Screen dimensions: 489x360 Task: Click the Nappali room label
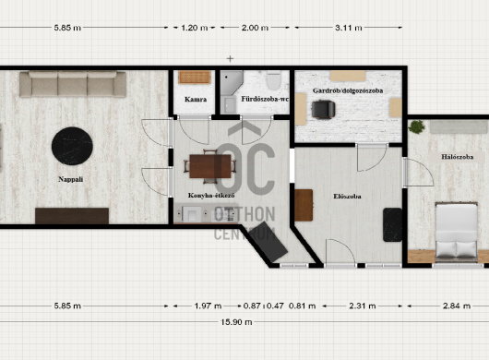tap(71, 179)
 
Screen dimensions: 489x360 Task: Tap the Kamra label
tap(196, 99)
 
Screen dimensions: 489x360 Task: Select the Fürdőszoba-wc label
tap(265, 99)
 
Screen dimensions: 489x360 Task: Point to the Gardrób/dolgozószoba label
tap(348, 90)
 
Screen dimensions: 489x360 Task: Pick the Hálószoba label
tap(458, 157)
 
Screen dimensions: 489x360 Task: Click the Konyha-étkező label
tap(211, 196)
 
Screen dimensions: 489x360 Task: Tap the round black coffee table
tap(72, 146)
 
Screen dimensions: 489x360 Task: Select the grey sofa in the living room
tap(73, 84)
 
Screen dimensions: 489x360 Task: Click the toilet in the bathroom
tap(273, 80)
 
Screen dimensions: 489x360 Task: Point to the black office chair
tap(323, 110)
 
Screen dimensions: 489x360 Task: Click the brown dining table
tap(209, 166)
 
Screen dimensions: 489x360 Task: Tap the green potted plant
tap(417, 126)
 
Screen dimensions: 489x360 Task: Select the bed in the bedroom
tap(457, 233)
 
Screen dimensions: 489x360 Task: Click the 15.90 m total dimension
tap(236, 322)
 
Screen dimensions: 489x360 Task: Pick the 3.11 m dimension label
tap(349, 28)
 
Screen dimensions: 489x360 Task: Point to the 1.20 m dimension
tap(195, 28)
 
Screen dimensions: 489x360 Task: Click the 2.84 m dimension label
tap(457, 306)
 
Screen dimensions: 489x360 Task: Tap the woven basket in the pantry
tap(195, 78)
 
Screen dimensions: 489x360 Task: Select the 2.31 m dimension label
tap(362, 306)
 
